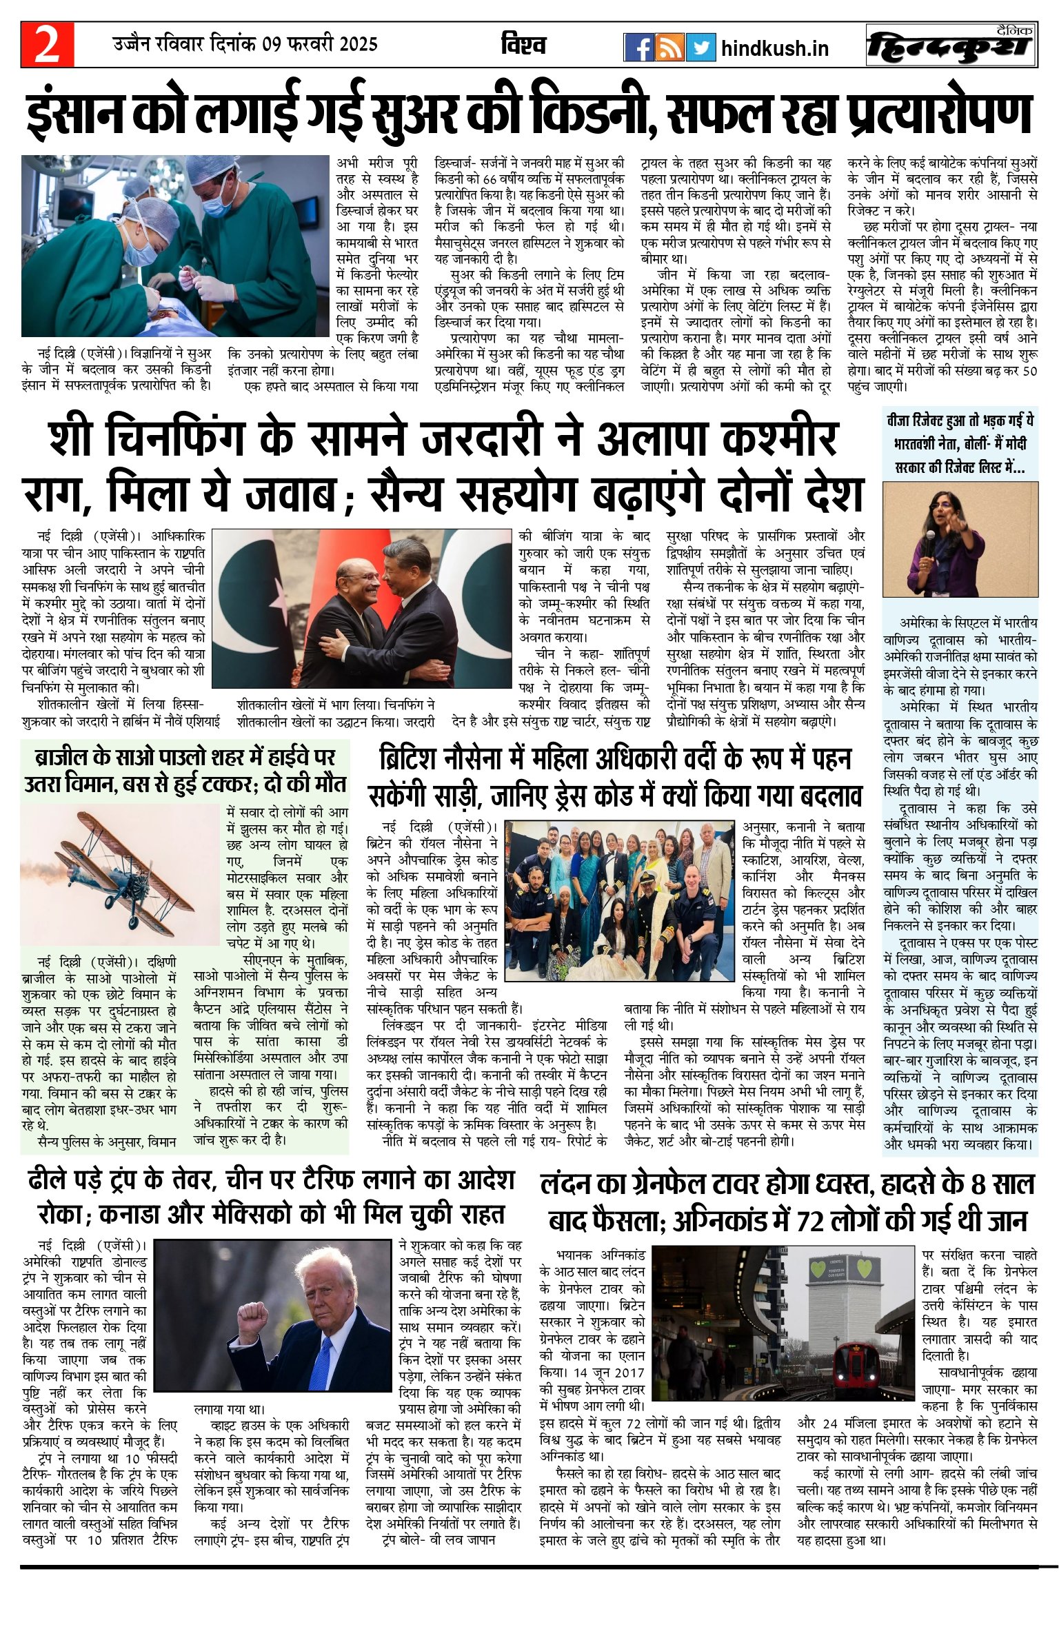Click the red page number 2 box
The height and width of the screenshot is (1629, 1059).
47,45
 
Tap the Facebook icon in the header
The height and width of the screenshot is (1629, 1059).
638,48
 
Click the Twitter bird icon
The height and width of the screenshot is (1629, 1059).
701,48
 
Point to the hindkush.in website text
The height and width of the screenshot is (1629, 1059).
774,48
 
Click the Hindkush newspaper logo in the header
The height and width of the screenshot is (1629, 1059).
951,46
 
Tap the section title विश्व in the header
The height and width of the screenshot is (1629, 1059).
523,45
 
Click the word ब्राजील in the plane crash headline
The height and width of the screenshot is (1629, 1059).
61,758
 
